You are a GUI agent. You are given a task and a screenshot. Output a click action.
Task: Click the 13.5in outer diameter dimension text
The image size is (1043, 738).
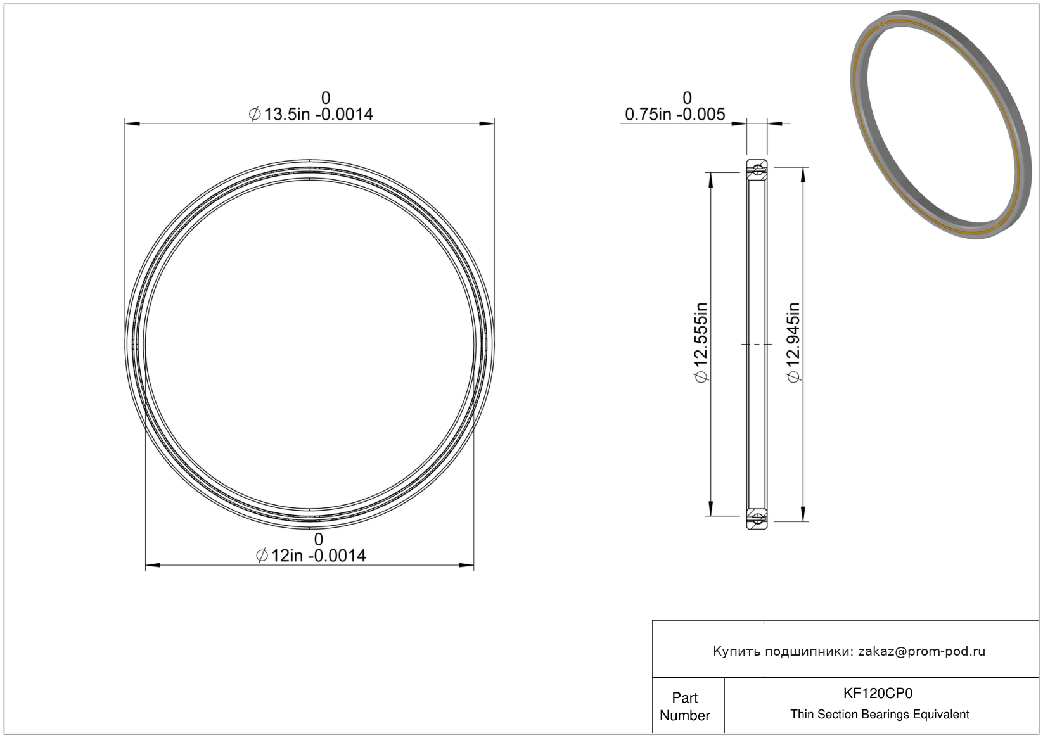click(x=310, y=114)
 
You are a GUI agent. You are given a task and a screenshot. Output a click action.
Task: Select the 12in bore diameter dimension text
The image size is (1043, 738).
click(x=310, y=556)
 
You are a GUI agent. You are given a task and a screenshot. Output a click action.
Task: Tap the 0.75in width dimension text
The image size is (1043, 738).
click(x=675, y=114)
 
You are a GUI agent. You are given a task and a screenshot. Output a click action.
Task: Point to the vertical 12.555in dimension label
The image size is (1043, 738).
click(x=701, y=342)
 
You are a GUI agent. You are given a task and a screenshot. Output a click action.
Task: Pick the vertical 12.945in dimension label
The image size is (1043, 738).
click(x=793, y=342)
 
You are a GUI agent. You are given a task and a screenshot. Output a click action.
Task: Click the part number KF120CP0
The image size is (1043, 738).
click(x=878, y=694)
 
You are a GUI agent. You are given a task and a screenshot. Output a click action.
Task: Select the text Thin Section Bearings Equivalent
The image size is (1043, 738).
click(x=880, y=715)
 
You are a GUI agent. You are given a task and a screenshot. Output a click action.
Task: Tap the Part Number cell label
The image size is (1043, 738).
click(x=685, y=706)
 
